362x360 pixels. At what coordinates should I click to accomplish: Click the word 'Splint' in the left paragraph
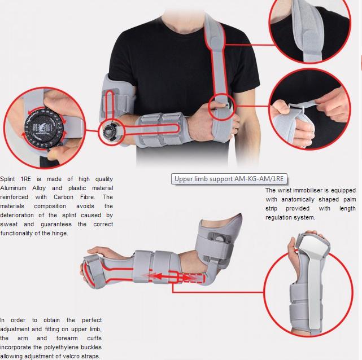point(10,179)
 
